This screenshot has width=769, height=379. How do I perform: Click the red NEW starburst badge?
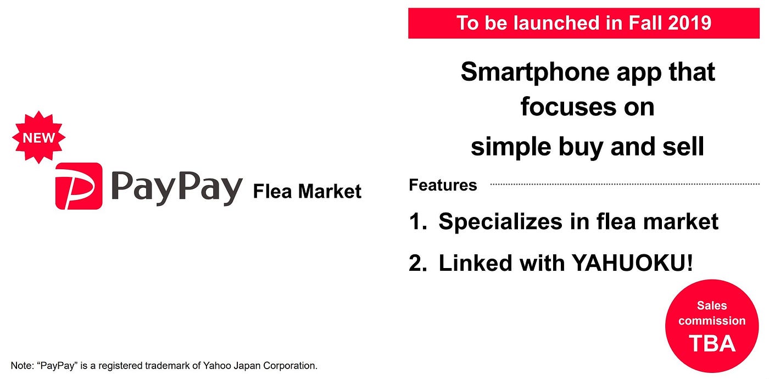pos(38,137)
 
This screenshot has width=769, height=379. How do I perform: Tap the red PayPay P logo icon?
pos(79,186)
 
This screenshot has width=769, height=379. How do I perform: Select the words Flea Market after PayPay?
pos(307,192)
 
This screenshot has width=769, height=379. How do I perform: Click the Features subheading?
pos(443,185)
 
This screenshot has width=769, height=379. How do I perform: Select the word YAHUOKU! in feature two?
pos(632,263)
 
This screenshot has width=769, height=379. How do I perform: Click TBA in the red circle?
pos(712,343)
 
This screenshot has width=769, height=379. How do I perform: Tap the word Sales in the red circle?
pos(712,305)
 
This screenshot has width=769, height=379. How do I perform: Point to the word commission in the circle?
pos(712,321)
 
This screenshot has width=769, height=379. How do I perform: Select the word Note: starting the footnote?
pos(22,365)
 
